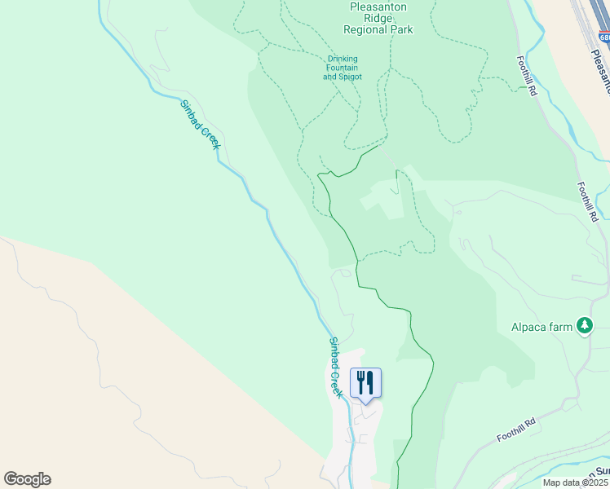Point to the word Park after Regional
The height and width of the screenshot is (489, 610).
click(401, 30)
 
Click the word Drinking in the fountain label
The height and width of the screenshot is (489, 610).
click(343, 59)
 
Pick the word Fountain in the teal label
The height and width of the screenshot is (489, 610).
click(342, 68)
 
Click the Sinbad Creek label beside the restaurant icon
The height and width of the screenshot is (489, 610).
click(335, 367)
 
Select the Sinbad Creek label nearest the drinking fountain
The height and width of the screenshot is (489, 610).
click(200, 125)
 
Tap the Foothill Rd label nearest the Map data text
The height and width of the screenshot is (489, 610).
click(517, 430)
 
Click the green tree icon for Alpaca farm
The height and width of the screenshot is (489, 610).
click(584, 326)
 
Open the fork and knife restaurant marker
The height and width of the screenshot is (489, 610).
click(365, 382)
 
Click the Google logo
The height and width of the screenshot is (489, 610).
click(27, 479)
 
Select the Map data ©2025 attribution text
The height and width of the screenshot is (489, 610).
click(576, 482)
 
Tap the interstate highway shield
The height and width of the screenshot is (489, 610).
click(603, 37)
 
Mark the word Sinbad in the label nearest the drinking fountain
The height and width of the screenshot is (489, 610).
click(188, 112)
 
